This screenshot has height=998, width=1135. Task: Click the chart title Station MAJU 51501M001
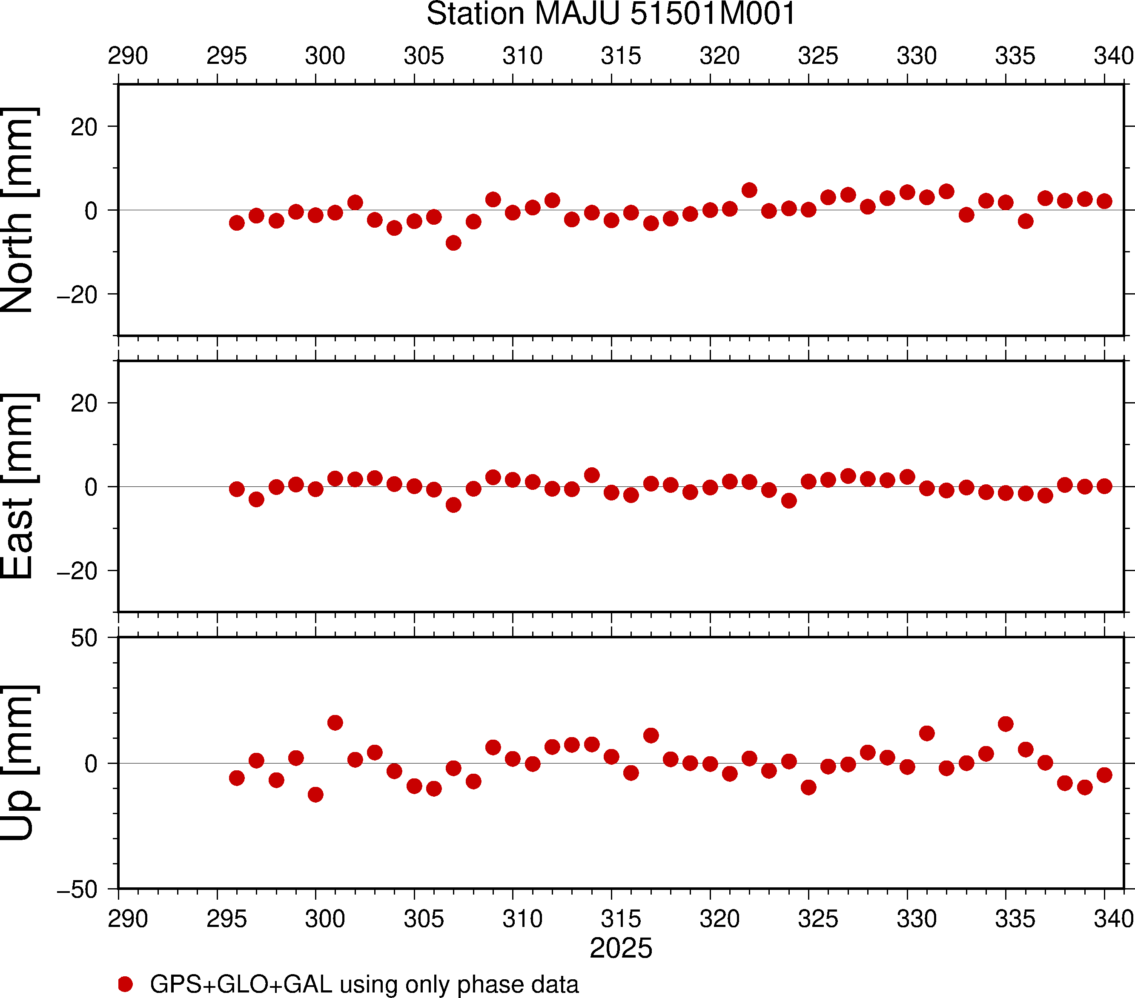pos(611,14)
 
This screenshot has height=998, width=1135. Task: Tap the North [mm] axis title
pos(18,210)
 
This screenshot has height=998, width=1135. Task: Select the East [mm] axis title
pos(18,486)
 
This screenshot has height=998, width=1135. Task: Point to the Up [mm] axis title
pos(18,763)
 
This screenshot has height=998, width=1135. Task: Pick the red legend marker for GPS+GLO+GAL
pos(126,984)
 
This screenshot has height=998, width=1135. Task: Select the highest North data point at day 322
pos(750,190)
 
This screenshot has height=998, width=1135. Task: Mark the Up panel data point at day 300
pos(315,794)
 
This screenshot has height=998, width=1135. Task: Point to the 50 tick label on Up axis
pos(84,638)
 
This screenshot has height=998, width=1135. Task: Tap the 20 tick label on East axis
pos(84,403)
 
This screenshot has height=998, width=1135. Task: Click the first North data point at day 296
pos(237,223)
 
